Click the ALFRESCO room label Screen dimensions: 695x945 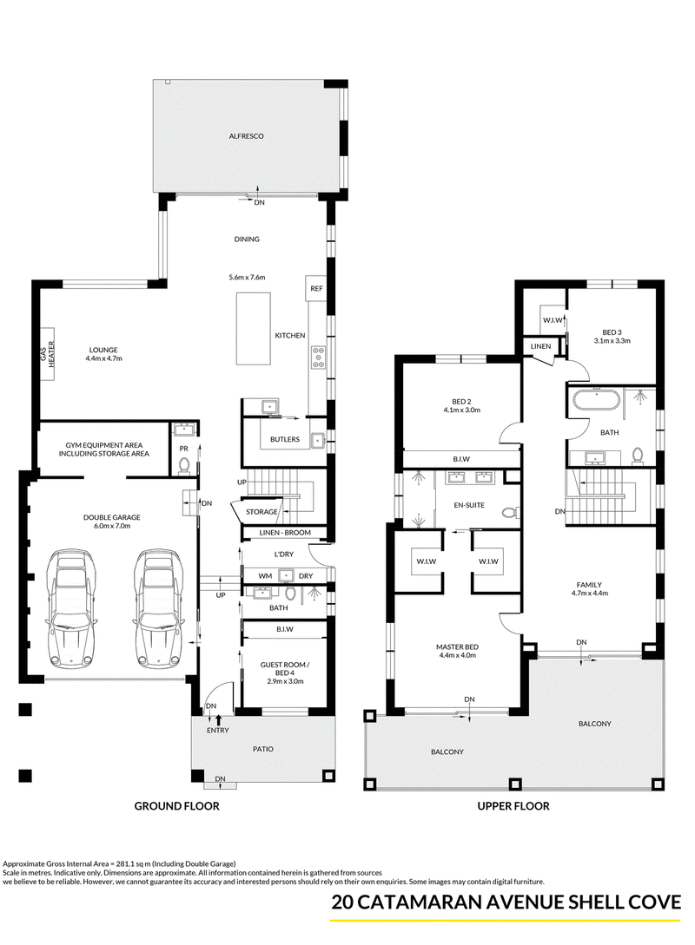point(246,136)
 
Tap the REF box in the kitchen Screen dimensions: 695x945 point(317,288)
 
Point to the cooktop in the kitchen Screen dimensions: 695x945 point(318,358)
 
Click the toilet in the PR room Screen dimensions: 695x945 point(184,464)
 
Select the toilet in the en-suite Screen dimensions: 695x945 point(511,513)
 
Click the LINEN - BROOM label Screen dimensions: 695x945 point(285,533)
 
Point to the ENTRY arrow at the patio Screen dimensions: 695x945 point(218,719)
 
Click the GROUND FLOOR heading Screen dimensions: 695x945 point(176,806)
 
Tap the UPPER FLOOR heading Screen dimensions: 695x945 point(513,806)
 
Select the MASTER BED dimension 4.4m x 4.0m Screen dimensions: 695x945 point(457,655)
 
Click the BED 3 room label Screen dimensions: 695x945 point(612,332)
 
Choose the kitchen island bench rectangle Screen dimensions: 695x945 point(253,329)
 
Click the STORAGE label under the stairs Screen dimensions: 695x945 point(261,512)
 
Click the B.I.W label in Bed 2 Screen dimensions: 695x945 point(461,459)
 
